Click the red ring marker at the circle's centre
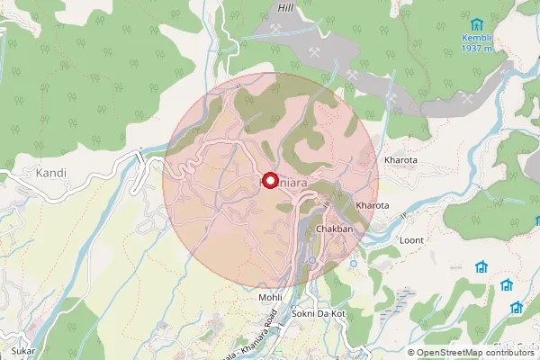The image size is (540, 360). point(270,179)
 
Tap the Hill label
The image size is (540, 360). point(287,7)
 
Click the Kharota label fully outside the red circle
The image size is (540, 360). point(401,160)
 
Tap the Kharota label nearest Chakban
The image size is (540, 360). point(373,205)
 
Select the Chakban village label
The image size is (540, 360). point(333,230)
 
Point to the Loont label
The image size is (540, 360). point(411,241)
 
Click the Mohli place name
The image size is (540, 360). point(270,297)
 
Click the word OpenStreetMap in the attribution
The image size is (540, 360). point(447,352)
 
